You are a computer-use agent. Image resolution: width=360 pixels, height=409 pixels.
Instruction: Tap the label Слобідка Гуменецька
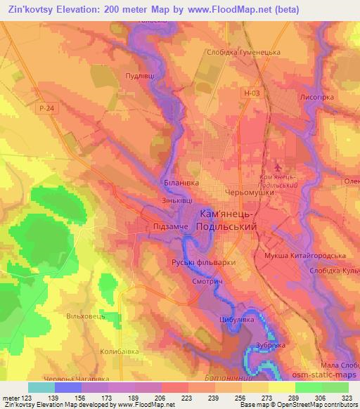(244, 52)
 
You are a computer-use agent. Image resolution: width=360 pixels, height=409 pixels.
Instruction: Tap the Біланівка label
(181, 182)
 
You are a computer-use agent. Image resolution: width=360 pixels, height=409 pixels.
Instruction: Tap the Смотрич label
(207, 279)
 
